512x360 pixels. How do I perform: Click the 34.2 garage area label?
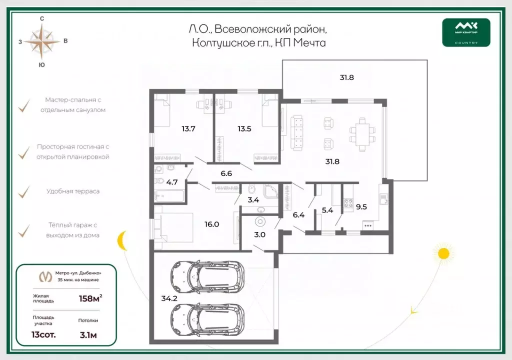169,298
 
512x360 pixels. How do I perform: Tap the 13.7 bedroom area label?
188,128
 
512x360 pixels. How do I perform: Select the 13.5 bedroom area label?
244,128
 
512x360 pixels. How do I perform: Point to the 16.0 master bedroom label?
211,224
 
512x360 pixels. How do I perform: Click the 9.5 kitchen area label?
361,207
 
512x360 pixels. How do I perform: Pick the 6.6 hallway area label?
226,173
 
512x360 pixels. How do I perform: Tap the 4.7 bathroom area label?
172,182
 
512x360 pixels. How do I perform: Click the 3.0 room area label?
259,234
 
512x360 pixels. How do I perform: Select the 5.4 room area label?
327,210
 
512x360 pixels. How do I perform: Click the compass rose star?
42,41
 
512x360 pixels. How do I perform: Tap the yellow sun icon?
443,253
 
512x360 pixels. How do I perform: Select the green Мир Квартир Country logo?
466,32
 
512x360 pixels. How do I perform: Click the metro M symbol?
45,277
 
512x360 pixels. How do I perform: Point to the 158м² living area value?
90,298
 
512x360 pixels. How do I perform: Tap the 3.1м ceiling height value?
88,335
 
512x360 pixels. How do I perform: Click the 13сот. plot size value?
43,335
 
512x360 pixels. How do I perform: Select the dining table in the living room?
362,134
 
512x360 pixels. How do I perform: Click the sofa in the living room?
297,132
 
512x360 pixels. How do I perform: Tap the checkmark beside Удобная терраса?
24,192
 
